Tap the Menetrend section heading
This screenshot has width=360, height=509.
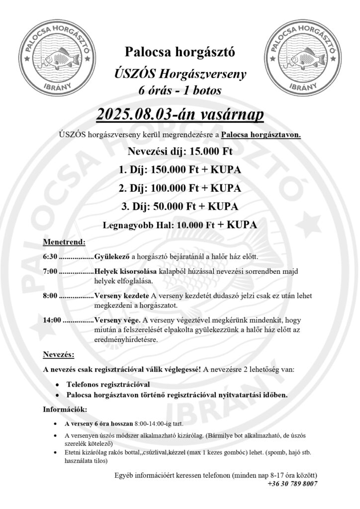tap(65, 243)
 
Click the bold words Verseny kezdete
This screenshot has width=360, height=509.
tap(122, 296)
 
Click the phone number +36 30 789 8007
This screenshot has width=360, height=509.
tap(292, 484)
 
